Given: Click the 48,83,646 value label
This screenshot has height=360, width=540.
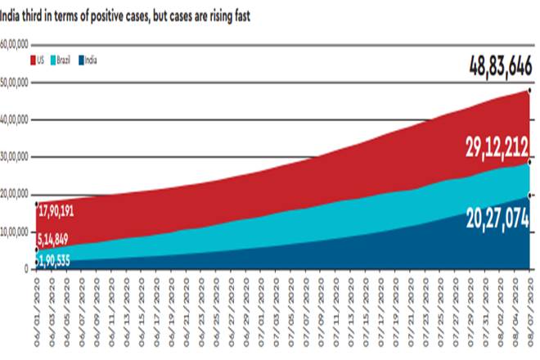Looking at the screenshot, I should click(x=500, y=65).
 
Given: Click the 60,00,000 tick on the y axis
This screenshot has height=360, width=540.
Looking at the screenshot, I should click(x=16, y=45).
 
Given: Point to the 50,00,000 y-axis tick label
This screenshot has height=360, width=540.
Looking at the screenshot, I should click(x=16, y=83).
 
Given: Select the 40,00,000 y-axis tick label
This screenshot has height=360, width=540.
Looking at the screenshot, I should click(x=16, y=119).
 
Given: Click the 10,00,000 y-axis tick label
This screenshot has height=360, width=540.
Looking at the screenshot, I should click(x=16, y=232).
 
